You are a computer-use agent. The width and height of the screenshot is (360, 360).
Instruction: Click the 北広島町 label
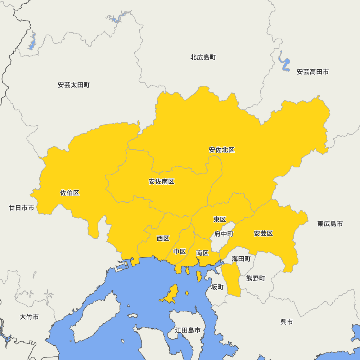coord(203,57)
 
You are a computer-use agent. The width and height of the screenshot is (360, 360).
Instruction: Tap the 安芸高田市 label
coord(312,72)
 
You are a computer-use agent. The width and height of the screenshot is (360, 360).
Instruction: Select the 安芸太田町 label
coord(73,85)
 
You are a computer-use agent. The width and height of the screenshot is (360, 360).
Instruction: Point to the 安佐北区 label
coord(221,150)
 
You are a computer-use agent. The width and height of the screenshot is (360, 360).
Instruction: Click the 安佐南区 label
coord(161,181)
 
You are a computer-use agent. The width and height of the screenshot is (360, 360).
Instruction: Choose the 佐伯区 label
coord(69,193)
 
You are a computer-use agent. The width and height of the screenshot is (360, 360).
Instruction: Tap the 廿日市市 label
coord(22,208)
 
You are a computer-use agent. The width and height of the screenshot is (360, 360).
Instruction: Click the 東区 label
coord(219,219)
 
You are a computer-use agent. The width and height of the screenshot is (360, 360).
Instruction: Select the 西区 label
coord(163,238)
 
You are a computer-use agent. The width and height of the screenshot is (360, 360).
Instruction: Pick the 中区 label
coord(179,251)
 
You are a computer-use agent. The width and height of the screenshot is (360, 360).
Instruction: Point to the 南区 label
coord(202,253)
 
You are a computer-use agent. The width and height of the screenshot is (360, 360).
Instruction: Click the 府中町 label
coord(224,234)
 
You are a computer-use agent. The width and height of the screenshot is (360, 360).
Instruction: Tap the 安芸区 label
coord(263,233)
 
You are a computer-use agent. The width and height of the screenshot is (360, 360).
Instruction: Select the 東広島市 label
coord(330,224)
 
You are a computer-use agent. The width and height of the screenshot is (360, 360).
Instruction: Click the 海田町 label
coord(241,258)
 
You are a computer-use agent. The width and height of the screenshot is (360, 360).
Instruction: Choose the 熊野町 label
coord(255,278)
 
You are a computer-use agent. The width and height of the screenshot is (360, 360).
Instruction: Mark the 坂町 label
coord(217,287)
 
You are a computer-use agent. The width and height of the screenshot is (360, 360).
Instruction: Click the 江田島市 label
coord(188,330)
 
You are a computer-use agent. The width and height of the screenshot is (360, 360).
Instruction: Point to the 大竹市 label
coord(29,317)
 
